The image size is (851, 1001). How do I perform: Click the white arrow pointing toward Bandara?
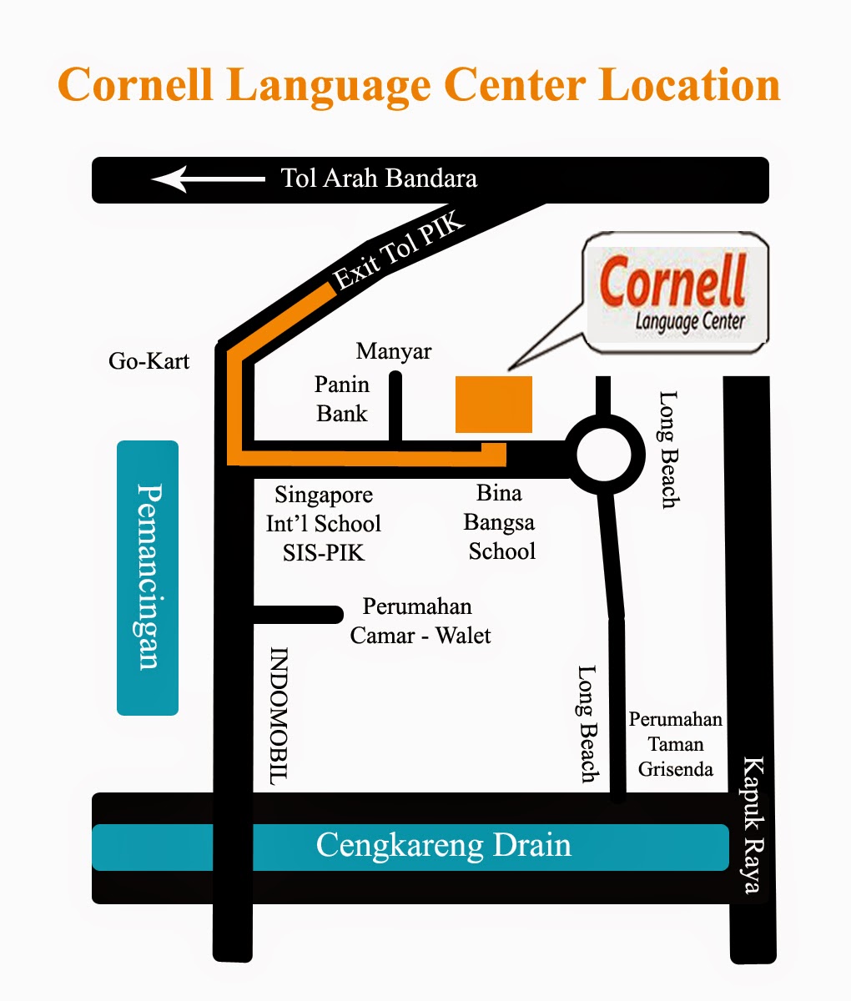pyautogui.click(x=207, y=179)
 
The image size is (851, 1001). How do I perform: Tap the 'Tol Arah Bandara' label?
pyautogui.click(x=379, y=179)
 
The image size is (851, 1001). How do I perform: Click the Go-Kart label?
pyautogui.click(x=149, y=361)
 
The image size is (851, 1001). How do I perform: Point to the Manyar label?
pyautogui.click(x=394, y=351)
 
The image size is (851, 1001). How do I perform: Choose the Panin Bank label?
pyautogui.click(x=342, y=399)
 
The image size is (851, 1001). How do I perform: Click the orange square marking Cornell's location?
pyautogui.click(x=493, y=405)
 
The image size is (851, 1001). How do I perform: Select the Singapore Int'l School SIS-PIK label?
pyautogui.click(x=324, y=524)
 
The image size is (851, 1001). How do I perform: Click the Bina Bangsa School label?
pyautogui.click(x=501, y=522)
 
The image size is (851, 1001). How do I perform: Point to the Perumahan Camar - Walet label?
pyautogui.click(x=420, y=621)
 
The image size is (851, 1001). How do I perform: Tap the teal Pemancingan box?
pyautogui.click(x=148, y=577)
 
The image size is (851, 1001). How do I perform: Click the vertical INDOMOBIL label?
pyautogui.click(x=279, y=716)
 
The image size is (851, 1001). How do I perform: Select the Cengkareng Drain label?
pyautogui.click(x=443, y=846)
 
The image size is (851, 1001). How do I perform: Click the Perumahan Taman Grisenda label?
pyautogui.click(x=675, y=744)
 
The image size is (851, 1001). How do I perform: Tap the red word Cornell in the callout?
pyautogui.click(x=672, y=282)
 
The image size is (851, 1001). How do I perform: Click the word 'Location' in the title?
pyautogui.click(x=689, y=85)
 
